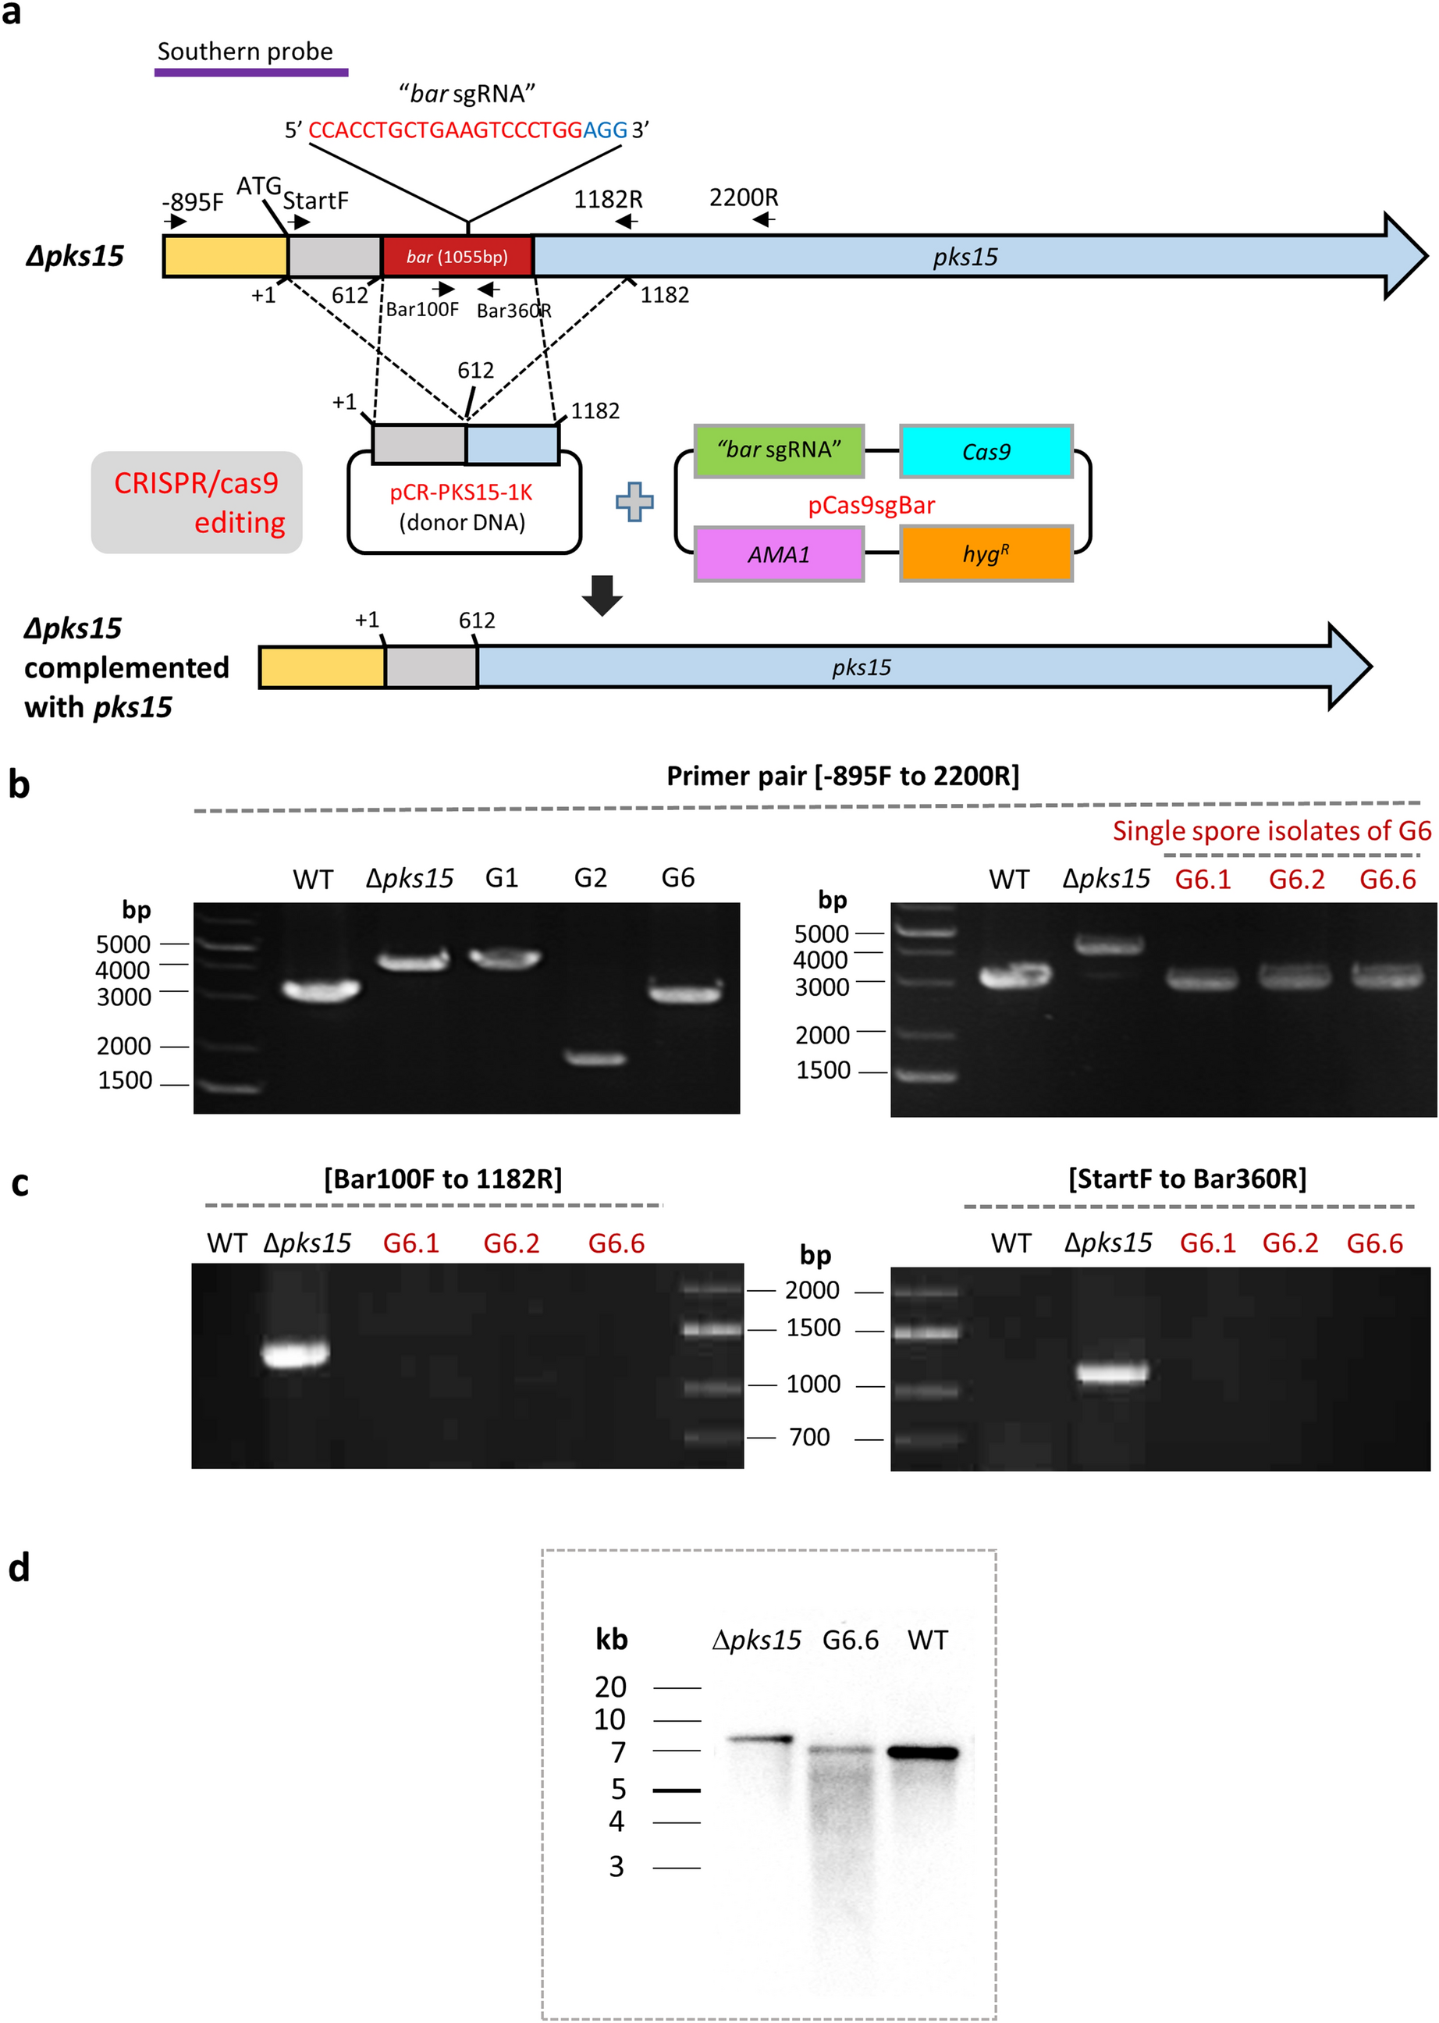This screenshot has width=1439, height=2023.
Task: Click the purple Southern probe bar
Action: tap(250, 73)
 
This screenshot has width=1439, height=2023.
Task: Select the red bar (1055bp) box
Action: tap(457, 257)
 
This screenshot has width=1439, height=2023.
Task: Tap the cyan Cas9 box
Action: tap(986, 452)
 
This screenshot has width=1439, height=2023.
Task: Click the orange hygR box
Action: tap(986, 555)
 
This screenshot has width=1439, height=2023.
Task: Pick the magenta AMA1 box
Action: tap(779, 555)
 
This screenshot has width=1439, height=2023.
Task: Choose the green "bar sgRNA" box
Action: tap(779, 451)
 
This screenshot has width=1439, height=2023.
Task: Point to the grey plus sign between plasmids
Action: tap(634, 503)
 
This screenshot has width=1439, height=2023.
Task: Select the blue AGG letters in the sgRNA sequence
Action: tap(606, 130)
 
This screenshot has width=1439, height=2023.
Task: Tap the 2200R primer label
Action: tap(744, 197)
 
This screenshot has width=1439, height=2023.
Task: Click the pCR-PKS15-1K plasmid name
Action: tap(460, 492)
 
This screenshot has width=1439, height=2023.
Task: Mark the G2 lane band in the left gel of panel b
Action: tap(595, 1058)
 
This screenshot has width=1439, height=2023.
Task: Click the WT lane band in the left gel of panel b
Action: tap(321, 990)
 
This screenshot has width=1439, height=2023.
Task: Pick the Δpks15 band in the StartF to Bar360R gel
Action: tap(1112, 1373)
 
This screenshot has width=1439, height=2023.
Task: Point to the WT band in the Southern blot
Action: tap(923, 1753)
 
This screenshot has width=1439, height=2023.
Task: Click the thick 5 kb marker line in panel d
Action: tap(676, 1790)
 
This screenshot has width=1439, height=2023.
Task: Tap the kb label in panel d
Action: tap(611, 1641)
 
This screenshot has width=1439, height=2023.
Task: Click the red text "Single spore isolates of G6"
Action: tap(1271, 831)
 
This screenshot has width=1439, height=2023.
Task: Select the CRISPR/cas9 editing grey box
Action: tap(197, 503)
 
